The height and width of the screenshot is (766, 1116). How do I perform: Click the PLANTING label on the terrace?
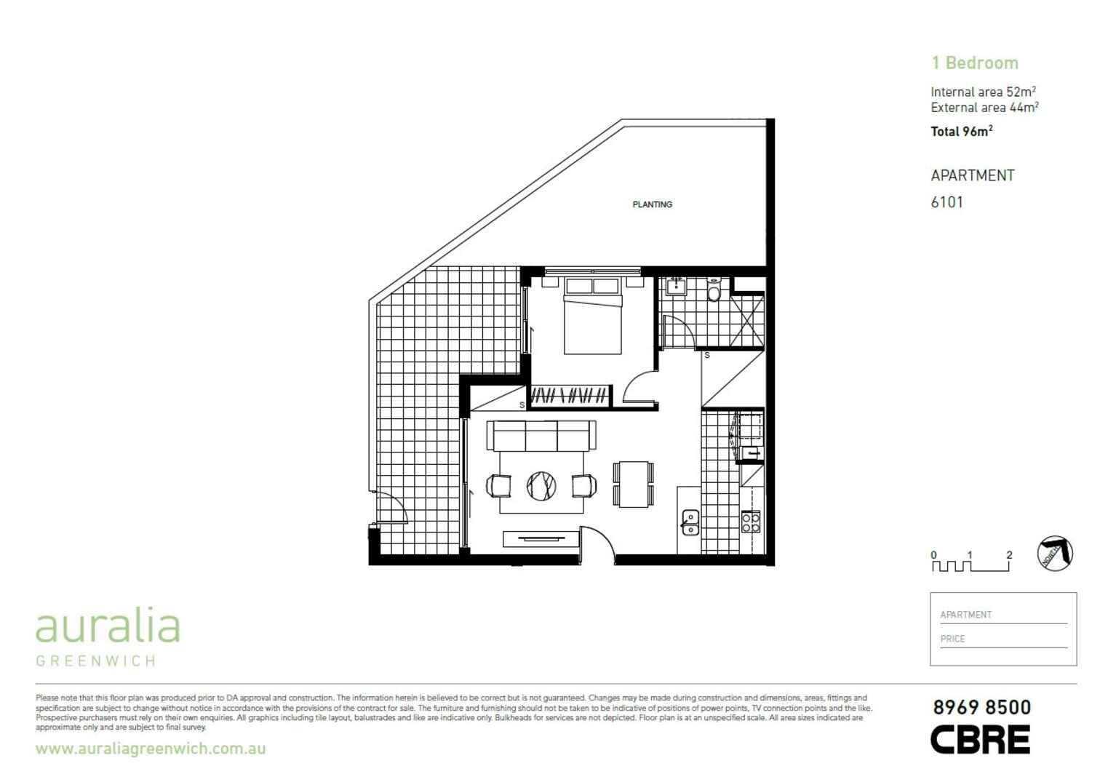(652, 204)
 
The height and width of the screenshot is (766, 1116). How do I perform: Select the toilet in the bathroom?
(714, 291)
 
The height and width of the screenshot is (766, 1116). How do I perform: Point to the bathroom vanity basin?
(677, 286)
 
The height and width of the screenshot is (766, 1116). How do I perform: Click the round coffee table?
(541, 485)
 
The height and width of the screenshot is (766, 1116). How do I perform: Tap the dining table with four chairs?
(634, 484)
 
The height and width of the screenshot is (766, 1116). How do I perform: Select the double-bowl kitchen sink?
(690, 522)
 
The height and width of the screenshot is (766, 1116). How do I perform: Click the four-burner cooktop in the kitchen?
(751, 521)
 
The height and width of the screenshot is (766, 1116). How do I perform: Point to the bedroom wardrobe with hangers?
(569, 396)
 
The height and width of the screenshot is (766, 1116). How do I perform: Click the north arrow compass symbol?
(1055, 554)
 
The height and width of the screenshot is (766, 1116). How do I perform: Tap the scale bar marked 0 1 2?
(971, 562)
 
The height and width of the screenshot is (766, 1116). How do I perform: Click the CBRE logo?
(980, 739)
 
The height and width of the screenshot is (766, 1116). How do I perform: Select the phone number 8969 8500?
(981, 707)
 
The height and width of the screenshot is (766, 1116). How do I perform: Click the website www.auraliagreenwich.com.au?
(151, 749)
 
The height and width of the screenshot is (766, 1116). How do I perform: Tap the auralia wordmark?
(108, 627)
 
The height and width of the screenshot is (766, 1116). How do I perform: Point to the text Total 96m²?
(961, 132)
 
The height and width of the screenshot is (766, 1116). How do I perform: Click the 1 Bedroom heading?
(974, 63)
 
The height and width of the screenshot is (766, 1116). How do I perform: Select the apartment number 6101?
(946, 202)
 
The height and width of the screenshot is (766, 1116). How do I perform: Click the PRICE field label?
(952, 639)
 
